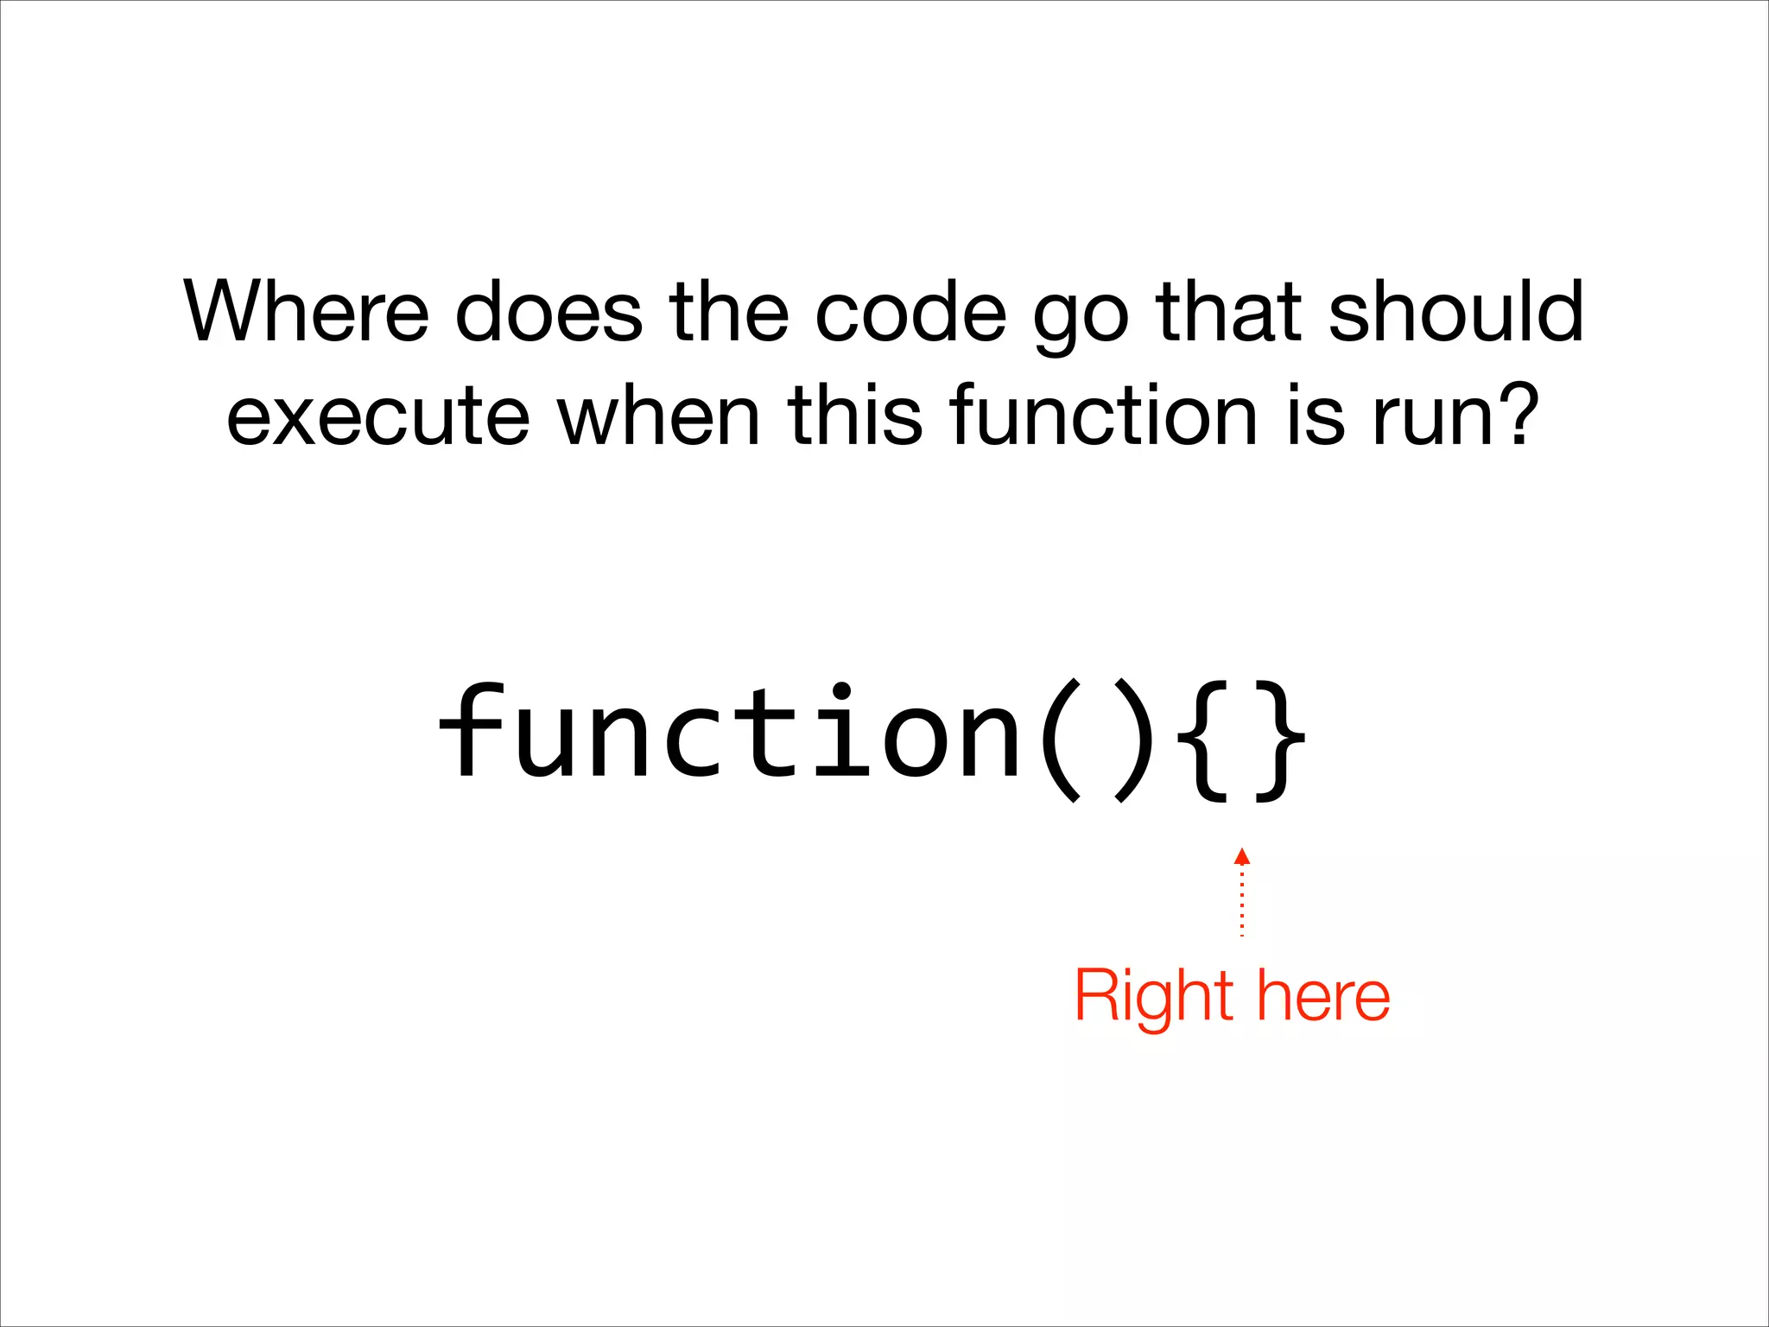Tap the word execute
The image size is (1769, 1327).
coord(378,416)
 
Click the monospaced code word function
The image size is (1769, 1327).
coord(731,733)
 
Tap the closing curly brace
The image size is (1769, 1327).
coord(1278,741)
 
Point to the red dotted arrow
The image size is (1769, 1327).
coord(1242,893)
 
